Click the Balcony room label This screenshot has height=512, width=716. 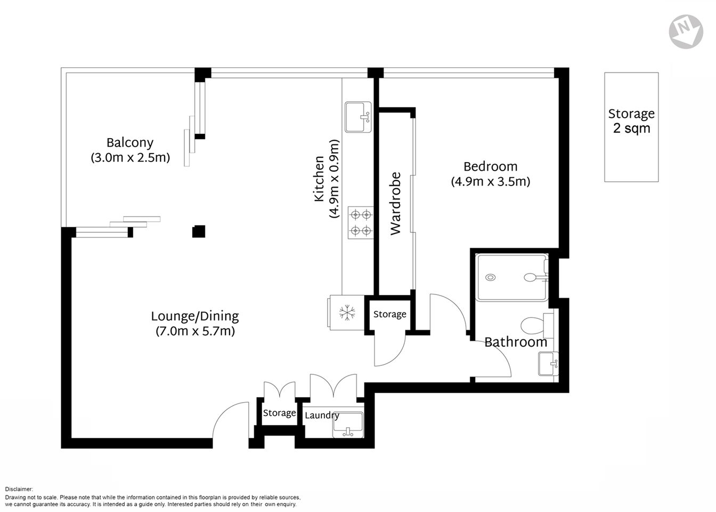click(130, 142)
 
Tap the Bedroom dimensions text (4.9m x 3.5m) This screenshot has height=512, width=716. click(490, 181)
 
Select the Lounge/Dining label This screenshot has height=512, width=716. click(195, 316)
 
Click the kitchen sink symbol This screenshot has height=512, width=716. click(359, 117)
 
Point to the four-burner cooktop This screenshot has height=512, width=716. click(360, 222)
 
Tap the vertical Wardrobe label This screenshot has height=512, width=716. click(395, 203)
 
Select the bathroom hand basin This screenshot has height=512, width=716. click(548, 364)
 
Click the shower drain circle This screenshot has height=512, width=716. click(491, 277)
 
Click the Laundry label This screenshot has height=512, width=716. click(322, 415)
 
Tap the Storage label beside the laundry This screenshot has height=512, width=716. click(279, 413)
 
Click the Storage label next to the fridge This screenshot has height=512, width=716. click(389, 314)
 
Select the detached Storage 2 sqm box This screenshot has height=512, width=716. click(631, 127)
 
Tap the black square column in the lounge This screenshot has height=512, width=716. click(199, 231)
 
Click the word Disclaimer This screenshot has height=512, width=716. click(19, 489)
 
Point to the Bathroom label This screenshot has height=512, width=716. click(515, 342)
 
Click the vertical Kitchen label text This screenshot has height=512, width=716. click(319, 179)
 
